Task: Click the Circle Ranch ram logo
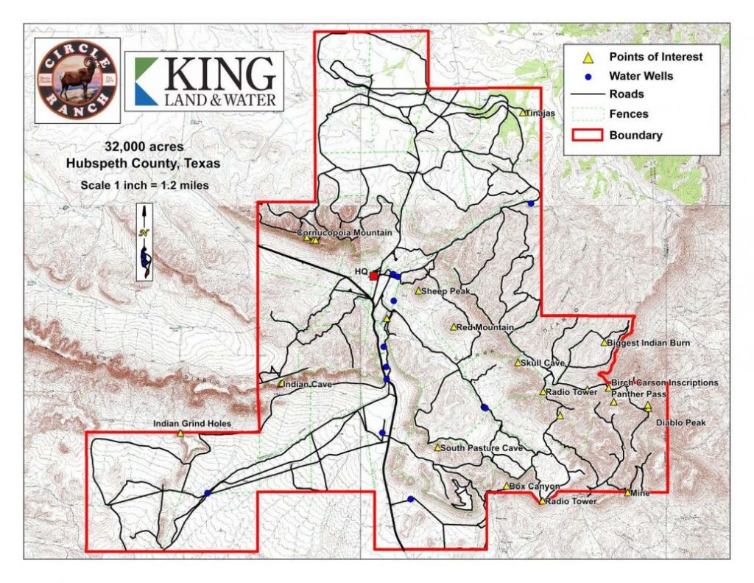pos(78,79)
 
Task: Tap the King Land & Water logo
pos(204,81)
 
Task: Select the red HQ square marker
pos(373,276)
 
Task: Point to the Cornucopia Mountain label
pos(344,233)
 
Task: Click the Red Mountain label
pos(485,327)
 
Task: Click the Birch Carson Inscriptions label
pos(665,383)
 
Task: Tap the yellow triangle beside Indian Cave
pos(281,384)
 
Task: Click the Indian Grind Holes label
pos(192,424)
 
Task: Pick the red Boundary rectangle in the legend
pos(588,135)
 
